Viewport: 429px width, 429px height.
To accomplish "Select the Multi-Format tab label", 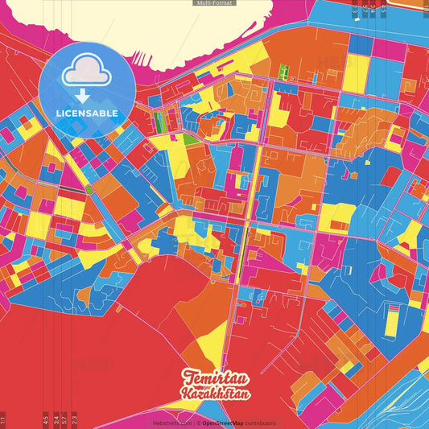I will (x=214, y=3).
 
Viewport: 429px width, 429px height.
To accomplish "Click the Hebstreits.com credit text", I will (x=171, y=423).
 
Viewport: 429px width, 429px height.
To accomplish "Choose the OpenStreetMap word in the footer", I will (x=222, y=423).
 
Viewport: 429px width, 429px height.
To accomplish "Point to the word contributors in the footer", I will (x=261, y=423).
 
